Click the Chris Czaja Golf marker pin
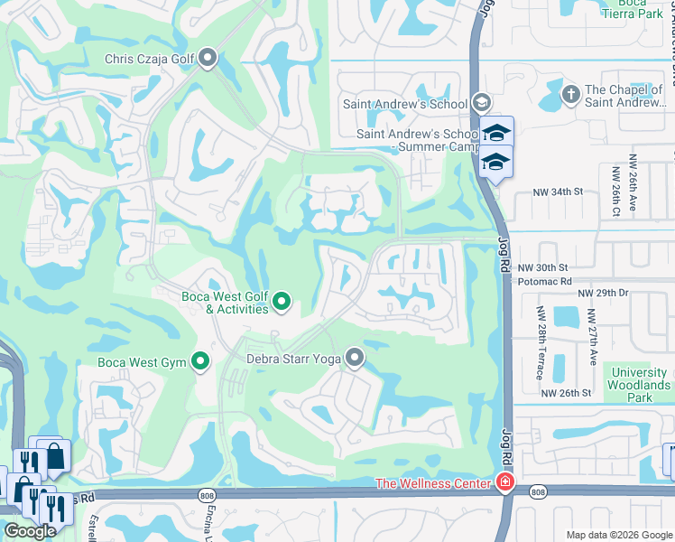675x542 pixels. [208, 60]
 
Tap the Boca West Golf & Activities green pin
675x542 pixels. [282, 302]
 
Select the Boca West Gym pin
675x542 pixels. [200, 363]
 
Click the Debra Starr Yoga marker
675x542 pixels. [355, 359]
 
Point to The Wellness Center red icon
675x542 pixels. [504, 483]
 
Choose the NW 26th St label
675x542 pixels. [566, 393]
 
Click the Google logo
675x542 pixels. [30, 531]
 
